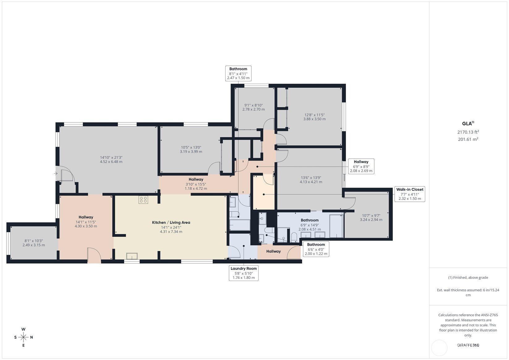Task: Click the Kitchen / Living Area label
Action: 171,222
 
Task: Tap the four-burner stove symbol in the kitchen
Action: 143,200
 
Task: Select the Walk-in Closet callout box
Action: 410,194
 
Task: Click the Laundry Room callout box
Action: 244,273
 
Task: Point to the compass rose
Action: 23,337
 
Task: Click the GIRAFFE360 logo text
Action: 468,345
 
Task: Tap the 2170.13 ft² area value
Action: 468,132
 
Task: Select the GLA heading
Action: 468,123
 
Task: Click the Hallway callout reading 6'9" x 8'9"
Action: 361,166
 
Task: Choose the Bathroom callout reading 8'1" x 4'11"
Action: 238,73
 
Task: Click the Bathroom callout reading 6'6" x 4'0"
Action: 316,249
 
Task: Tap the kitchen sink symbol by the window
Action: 132,256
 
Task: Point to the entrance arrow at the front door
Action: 56,173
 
